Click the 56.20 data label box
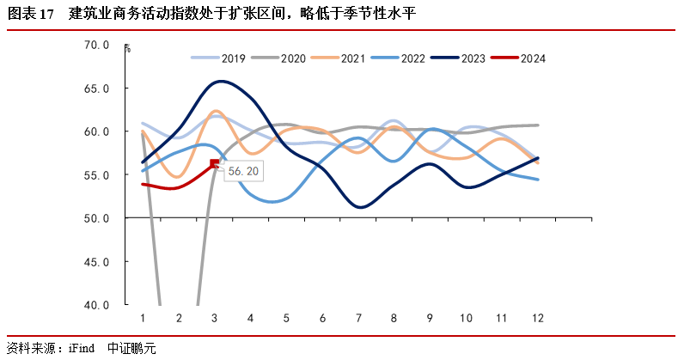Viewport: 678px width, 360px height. point(242,171)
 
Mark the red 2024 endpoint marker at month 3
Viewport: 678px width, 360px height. point(214,164)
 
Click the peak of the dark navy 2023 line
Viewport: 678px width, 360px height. point(221,82)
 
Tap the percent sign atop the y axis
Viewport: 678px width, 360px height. point(126,48)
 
